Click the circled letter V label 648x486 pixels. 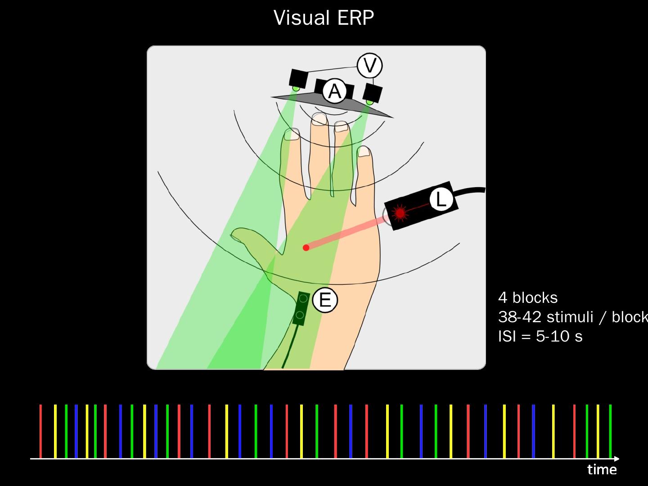[x=369, y=66]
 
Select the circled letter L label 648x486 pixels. [x=441, y=199]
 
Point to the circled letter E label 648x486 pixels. [x=324, y=300]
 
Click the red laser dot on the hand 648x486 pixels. [x=306, y=247]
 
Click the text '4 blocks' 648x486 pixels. [x=528, y=297]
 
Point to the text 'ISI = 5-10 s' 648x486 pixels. [x=540, y=336]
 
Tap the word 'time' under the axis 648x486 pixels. [x=602, y=470]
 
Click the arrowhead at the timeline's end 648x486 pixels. [x=616, y=459]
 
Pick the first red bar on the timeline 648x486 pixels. [x=40, y=431]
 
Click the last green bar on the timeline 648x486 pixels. [x=610, y=431]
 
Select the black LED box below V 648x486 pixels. [x=373, y=93]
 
